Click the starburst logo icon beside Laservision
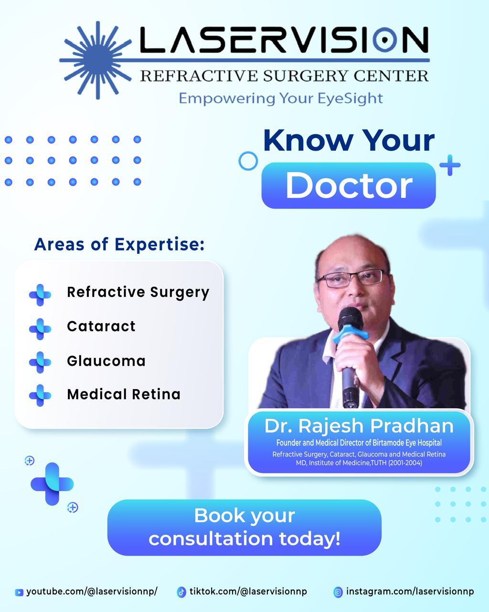97,60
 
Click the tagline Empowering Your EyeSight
281,98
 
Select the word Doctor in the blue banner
349,186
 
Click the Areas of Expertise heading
119,244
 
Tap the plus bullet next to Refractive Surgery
40,295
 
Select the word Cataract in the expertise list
101,326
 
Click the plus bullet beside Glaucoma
40,362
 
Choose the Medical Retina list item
124,394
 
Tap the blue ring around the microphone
351,334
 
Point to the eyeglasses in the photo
353,278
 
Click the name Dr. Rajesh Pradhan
359,426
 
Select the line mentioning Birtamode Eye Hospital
359,443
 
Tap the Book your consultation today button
244,527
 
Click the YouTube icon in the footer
19,592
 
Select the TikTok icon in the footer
181,592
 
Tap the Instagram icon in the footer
338,592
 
